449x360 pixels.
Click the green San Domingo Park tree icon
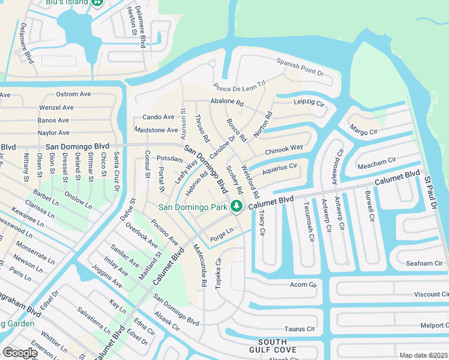237,206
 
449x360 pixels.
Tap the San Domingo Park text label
193,208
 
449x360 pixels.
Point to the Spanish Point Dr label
300,67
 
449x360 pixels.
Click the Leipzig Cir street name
309,102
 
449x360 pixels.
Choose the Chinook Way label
284,148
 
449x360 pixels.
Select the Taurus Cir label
300,329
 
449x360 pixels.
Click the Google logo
20,353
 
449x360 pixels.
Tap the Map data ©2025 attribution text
423,355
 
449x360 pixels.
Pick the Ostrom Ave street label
73,94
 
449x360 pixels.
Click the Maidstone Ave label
156,130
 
